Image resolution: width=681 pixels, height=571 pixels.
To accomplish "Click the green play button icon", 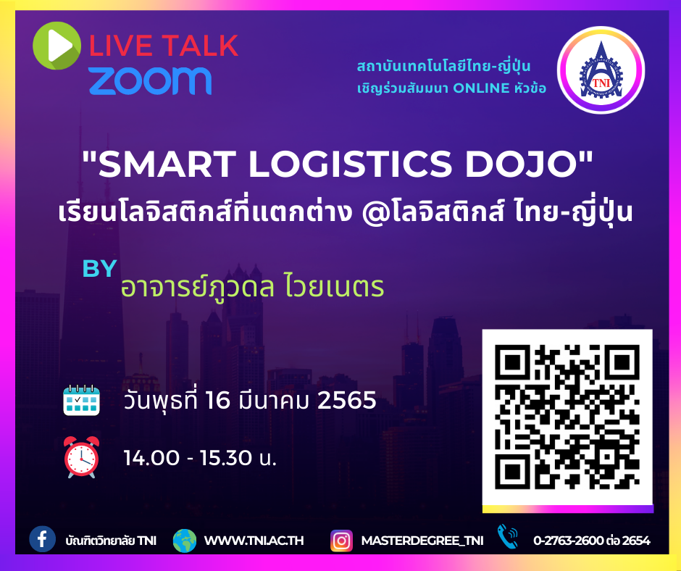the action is [x=57, y=46].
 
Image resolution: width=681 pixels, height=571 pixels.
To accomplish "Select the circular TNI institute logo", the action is [x=601, y=70].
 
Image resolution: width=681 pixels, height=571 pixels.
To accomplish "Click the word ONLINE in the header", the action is [x=481, y=88].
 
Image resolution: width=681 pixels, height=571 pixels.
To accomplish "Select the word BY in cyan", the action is [x=99, y=269].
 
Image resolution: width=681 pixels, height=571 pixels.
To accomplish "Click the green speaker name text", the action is [x=252, y=287].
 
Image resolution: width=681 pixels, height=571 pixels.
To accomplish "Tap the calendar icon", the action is [x=82, y=400].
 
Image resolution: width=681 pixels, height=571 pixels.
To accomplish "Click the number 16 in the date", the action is [x=217, y=400].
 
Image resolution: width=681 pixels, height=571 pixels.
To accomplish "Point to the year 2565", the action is [x=346, y=400].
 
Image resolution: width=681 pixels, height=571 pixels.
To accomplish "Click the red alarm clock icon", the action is [x=82, y=457].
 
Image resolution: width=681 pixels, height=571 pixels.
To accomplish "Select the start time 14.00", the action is [x=151, y=458].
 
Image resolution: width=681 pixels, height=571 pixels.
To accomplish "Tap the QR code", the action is [x=567, y=417].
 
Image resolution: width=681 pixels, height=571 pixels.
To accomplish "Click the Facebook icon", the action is [x=42, y=539].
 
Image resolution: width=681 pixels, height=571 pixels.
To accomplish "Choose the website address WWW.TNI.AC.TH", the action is [x=254, y=541].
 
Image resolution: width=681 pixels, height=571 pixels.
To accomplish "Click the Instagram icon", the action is [x=341, y=541].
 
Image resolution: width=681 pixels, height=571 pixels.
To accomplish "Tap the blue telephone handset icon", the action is [x=507, y=537].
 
